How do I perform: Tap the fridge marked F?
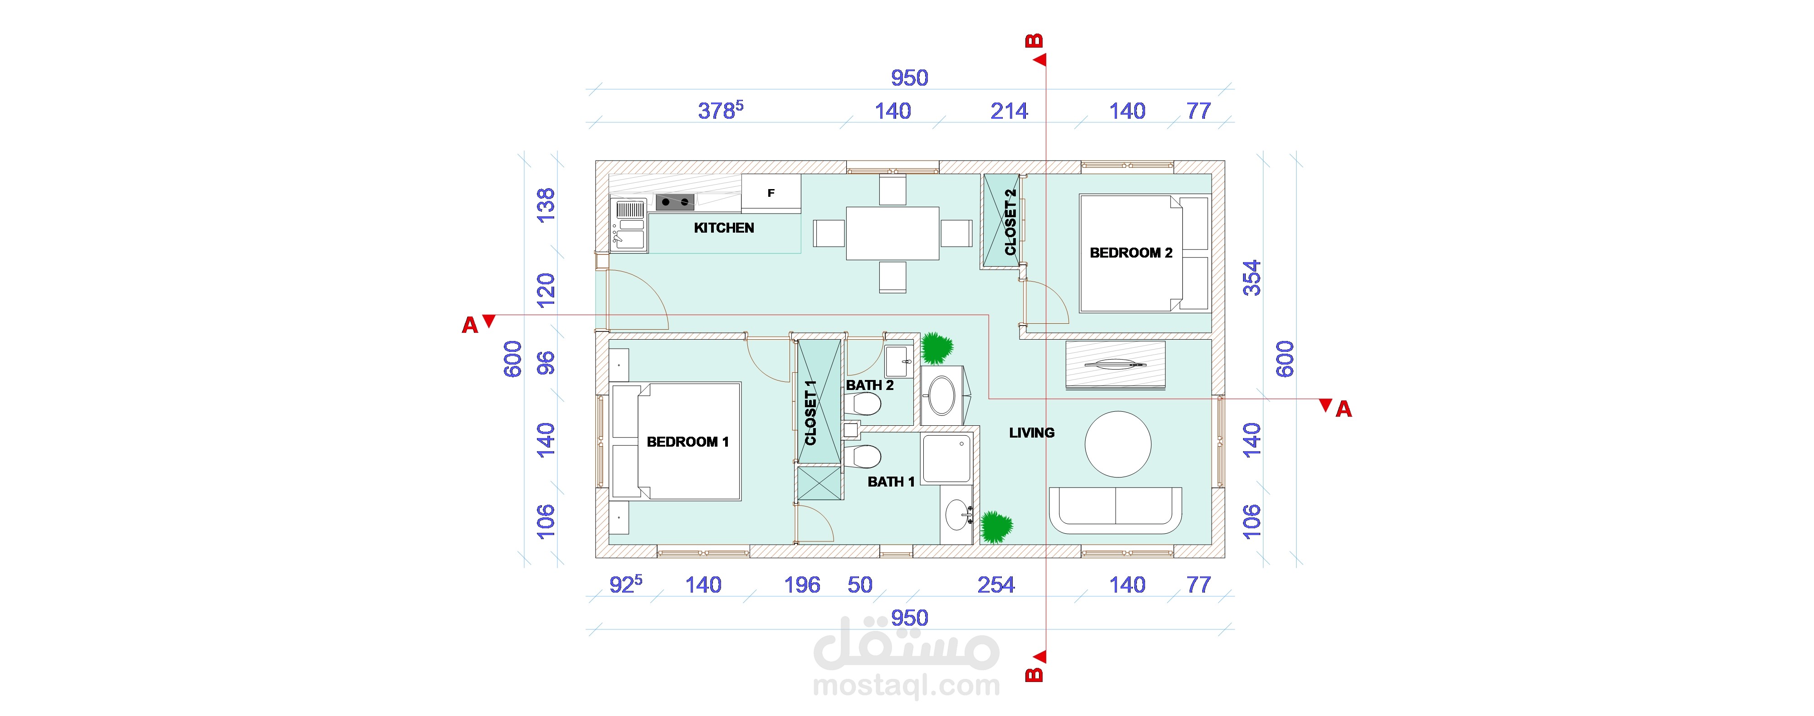pyautogui.click(x=771, y=192)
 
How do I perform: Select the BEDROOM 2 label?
pyautogui.click(x=1131, y=253)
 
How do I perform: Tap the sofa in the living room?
pyautogui.click(x=1116, y=510)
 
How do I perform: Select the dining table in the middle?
pyautogui.click(x=892, y=233)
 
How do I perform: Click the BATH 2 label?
pyautogui.click(x=870, y=385)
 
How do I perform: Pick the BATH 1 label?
pyautogui.click(x=891, y=482)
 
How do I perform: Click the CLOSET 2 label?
pyautogui.click(x=1010, y=222)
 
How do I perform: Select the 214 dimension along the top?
pyautogui.click(x=1009, y=111)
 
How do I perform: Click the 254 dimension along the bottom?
pyautogui.click(x=996, y=585)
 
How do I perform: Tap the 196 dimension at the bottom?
pyautogui.click(x=802, y=585)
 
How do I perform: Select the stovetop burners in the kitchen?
pyautogui.click(x=675, y=202)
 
